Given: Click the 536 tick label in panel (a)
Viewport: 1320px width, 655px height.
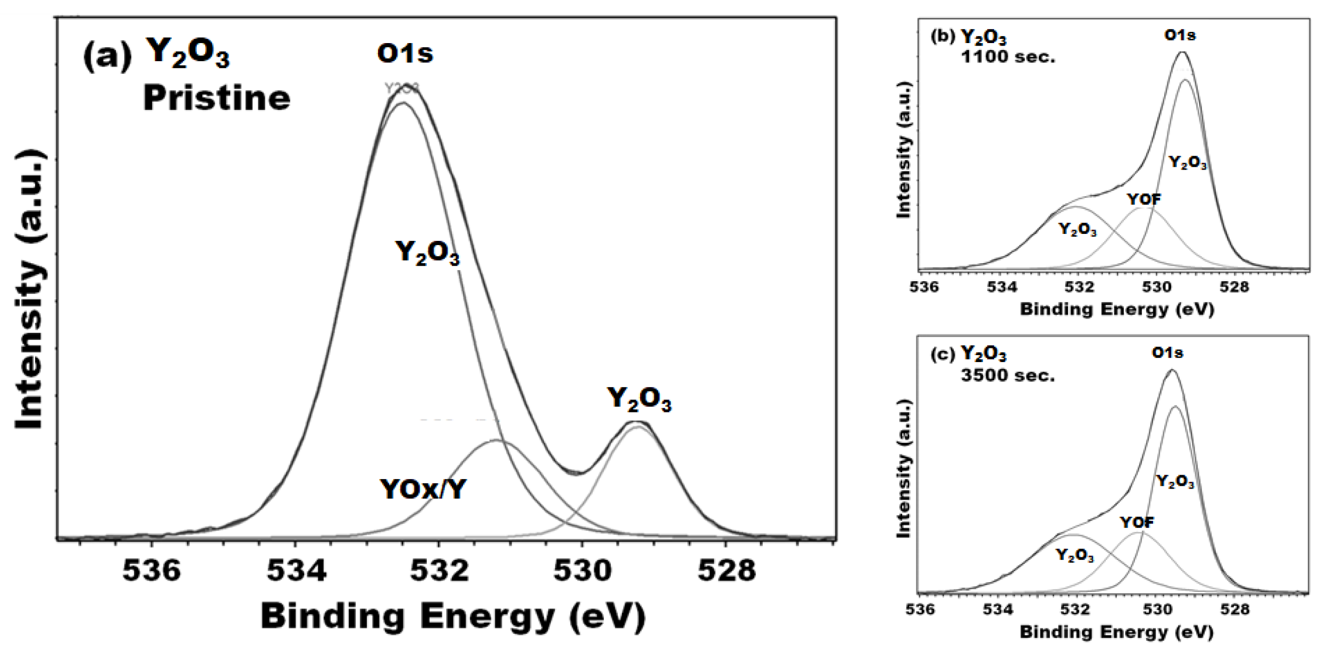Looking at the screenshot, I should pyautogui.click(x=152, y=571).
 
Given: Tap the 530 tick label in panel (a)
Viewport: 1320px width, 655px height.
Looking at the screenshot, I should pyautogui.click(x=583, y=571).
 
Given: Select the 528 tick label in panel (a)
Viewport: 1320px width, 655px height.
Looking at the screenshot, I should pyautogui.click(x=726, y=571).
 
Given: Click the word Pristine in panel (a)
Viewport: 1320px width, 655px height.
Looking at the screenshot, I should pyautogui.click(x=216, y=98).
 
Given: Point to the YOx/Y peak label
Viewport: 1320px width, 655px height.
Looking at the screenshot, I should pyautogui.click(x=423, y=489).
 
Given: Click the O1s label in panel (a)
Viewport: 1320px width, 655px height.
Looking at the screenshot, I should pyautogui.click(x=405, y=54).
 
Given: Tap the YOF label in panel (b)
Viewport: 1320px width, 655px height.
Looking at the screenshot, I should pyautogui.click(x=1144, y=199).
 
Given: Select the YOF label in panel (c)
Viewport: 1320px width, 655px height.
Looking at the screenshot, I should pyautogui.click(x=1137, y=523).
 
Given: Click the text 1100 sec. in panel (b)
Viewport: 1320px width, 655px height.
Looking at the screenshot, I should pyautogui.click(x=1008, y=57).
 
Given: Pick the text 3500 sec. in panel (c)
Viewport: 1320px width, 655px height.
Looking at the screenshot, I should pyautogui.click(x=1007, y=376).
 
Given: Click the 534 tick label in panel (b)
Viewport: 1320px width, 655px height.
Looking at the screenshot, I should pyautogui.click(x=1002, y=287).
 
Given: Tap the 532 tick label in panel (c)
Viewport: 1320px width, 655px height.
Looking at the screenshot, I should pyautogui.click(x=1076, y=609).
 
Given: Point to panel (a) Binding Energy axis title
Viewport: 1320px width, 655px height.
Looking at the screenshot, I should pyautogui.click(x=453, y=617).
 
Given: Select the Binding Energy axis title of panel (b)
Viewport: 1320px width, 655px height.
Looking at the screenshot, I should pyautogui.click(x=1117, y=309).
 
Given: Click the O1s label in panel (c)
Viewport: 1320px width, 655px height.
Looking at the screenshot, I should pyautogui.click(x=1167, y=352).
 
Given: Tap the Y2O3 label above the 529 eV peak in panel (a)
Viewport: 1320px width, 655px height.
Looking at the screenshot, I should pyautogui.click(x=639, y=399).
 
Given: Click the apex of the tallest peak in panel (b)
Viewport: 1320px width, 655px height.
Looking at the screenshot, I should pyautogui.click(x=1182, y=52).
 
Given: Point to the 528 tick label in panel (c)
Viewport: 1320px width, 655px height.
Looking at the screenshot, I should pyautogui.click(x=1234, y=609).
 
